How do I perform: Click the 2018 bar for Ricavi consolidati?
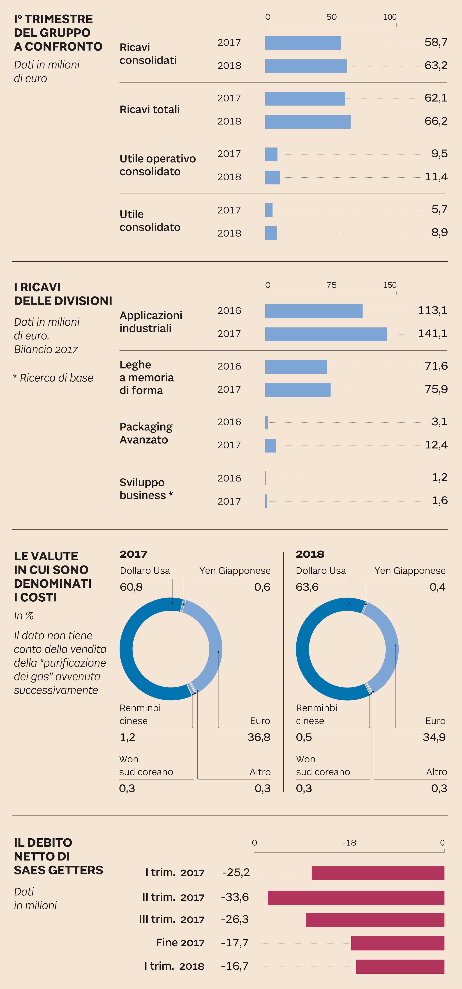pos(306,66)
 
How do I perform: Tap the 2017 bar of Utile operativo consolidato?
pos(271,154)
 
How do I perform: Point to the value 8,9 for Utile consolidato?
pos(439,233)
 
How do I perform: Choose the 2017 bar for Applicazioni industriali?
pos(326,334)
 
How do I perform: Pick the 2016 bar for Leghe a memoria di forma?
pos(296,367)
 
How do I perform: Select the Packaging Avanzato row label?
pos(146,433)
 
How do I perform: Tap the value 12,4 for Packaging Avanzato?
pos(436,445)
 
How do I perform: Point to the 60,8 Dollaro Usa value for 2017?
pos(131,587)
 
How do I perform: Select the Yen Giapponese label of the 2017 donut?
pos(235,571)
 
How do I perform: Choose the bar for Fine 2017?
pos(397,943)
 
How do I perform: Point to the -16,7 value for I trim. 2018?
pos(235,966)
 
